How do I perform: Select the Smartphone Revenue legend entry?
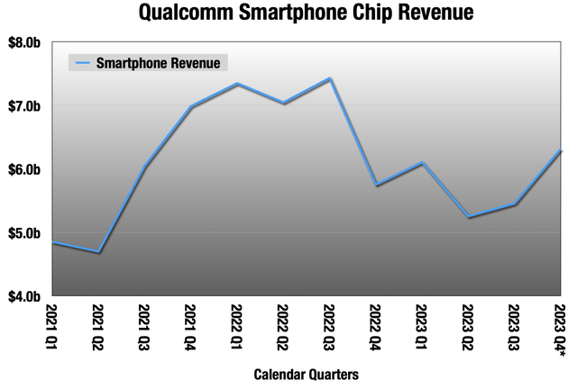(x=150, y=63)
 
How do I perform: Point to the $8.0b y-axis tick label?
(x=26, y=43)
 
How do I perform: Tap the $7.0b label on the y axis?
(x=26, y=106)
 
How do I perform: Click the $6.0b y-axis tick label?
(x=26, y=169)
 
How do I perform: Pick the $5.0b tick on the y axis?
(x=26, y=232)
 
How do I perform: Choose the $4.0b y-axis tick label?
(x=26, y=295)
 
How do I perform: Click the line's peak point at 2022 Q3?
(x=330, y=79)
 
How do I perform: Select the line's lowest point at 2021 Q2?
(x=98, y=252)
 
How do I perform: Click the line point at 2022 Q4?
(x=376, y=185)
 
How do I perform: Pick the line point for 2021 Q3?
(x=144, y=166)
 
